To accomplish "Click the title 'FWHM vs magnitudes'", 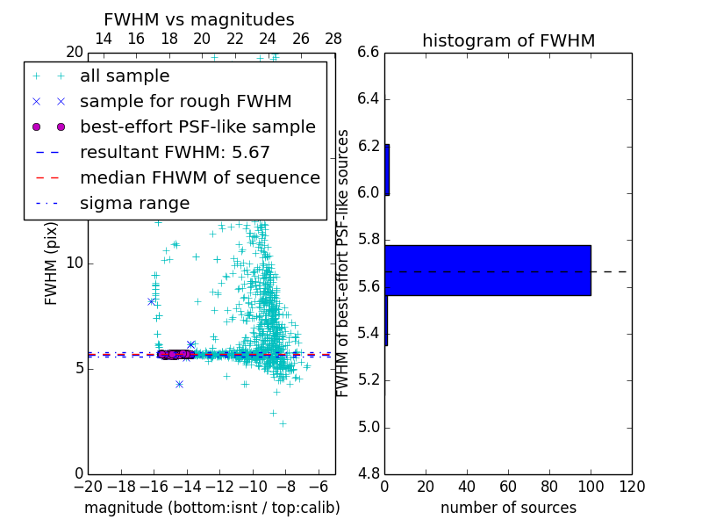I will pos(199,19).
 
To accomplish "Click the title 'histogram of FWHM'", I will pos(508,40).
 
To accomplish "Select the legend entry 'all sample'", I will pos(125,76).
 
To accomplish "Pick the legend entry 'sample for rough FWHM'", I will pos(185,102).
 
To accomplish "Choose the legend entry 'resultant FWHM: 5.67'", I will pos(175,153).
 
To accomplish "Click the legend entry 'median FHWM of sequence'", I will pos(199,178).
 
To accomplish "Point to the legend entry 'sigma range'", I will pos(134,204).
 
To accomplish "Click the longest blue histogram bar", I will pos(487,270).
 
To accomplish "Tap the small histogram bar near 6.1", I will pos(387,170).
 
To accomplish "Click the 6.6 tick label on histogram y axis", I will pos(368,52).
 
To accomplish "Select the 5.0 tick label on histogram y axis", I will pos(368,427).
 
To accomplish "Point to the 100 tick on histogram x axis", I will pos(591,486).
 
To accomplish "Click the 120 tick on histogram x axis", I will pos(632,486).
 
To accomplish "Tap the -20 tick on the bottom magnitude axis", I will pos(88,486).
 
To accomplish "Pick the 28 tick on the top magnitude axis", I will pos(333,39).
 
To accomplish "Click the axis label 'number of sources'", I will pos(508,508).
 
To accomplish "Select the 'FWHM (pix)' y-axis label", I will pos(52,263).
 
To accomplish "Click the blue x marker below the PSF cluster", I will pos(179,384).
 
